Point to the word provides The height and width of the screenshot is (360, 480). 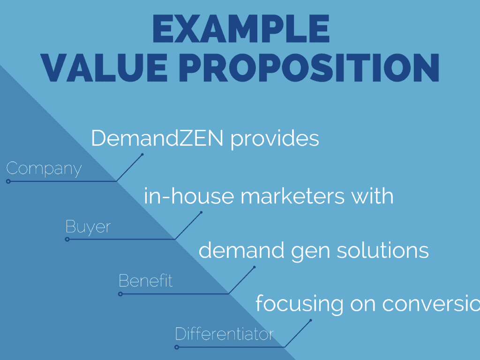click(x=275, y=139)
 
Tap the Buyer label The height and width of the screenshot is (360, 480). click(x=88, y=227)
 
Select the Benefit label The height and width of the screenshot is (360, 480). click(x=146, y=281)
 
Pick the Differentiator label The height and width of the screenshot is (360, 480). click(x=224, y=334)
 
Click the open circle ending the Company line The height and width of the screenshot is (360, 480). click(x=8, y=181)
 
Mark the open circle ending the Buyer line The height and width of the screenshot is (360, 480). click(x=67, y=239)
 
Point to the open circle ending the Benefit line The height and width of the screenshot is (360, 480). click(x=120, y=294)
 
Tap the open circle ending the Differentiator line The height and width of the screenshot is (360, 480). click(x=177, y=347)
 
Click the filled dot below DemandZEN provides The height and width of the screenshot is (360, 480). click(x=142, y=154)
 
